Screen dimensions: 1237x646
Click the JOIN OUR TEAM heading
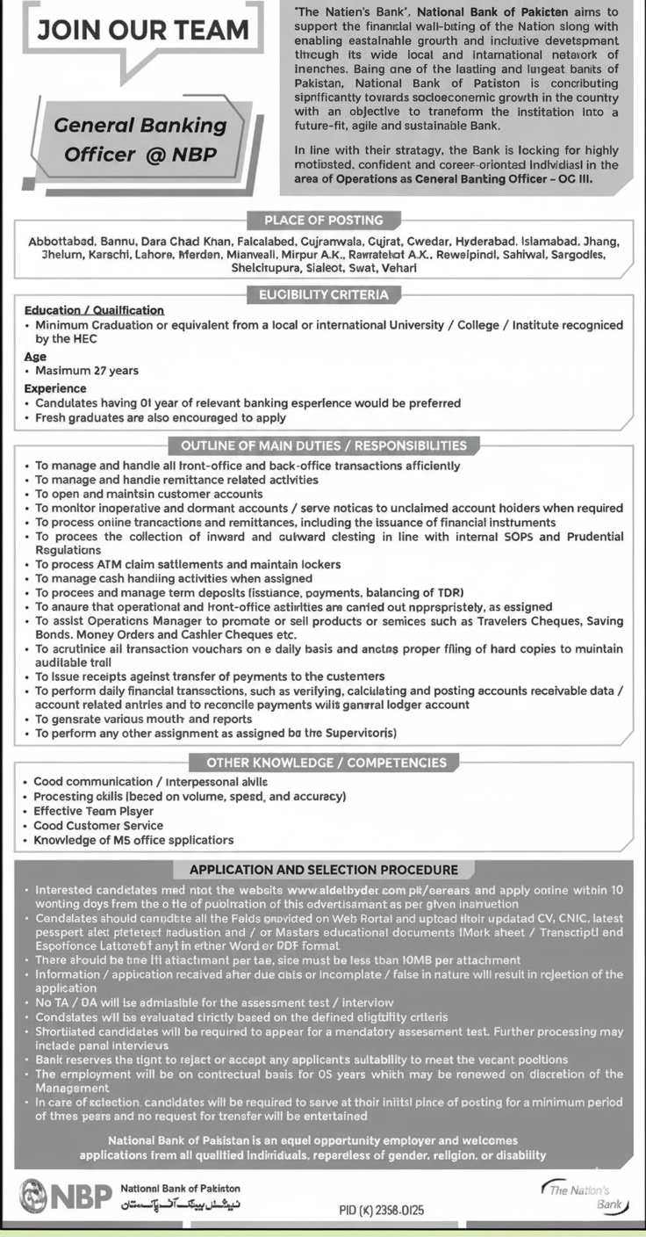tap(142, 31)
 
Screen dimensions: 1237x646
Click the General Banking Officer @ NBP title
tap(140, 140)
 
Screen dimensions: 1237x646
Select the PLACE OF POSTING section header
tap(324, 221)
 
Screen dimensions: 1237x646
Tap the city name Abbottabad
tap(60, 241)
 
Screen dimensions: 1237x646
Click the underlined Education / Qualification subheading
tap(94, 310)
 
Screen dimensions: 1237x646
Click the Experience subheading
tap(55, 388)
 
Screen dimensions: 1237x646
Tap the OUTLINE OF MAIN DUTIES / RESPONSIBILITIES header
tap(324, 445)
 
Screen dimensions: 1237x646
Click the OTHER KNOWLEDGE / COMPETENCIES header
tap(327, 763)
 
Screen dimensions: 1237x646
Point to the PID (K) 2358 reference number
tap(381, 1210)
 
